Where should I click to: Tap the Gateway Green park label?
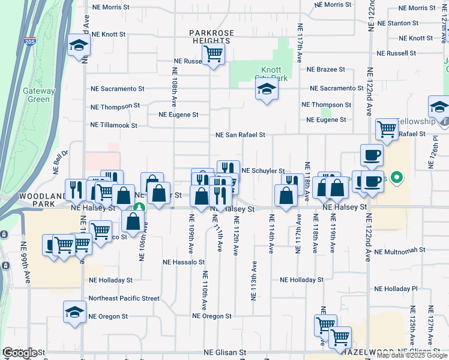click(40, 95)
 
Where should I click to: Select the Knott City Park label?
click(274, 74)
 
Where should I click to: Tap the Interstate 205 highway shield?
click(31, 41)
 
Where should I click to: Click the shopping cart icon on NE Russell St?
click(213, 54)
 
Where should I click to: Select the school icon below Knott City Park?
click(267, 90)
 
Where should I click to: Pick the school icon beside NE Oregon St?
click(75, 312)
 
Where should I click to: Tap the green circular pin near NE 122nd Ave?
click(396, 178)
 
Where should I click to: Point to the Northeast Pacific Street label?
click(124, 298)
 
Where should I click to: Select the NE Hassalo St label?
click(184, 262)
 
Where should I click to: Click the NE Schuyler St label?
click(262, 171)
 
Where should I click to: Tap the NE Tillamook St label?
click(113, 125)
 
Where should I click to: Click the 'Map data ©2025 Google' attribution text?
click(411, 355)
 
